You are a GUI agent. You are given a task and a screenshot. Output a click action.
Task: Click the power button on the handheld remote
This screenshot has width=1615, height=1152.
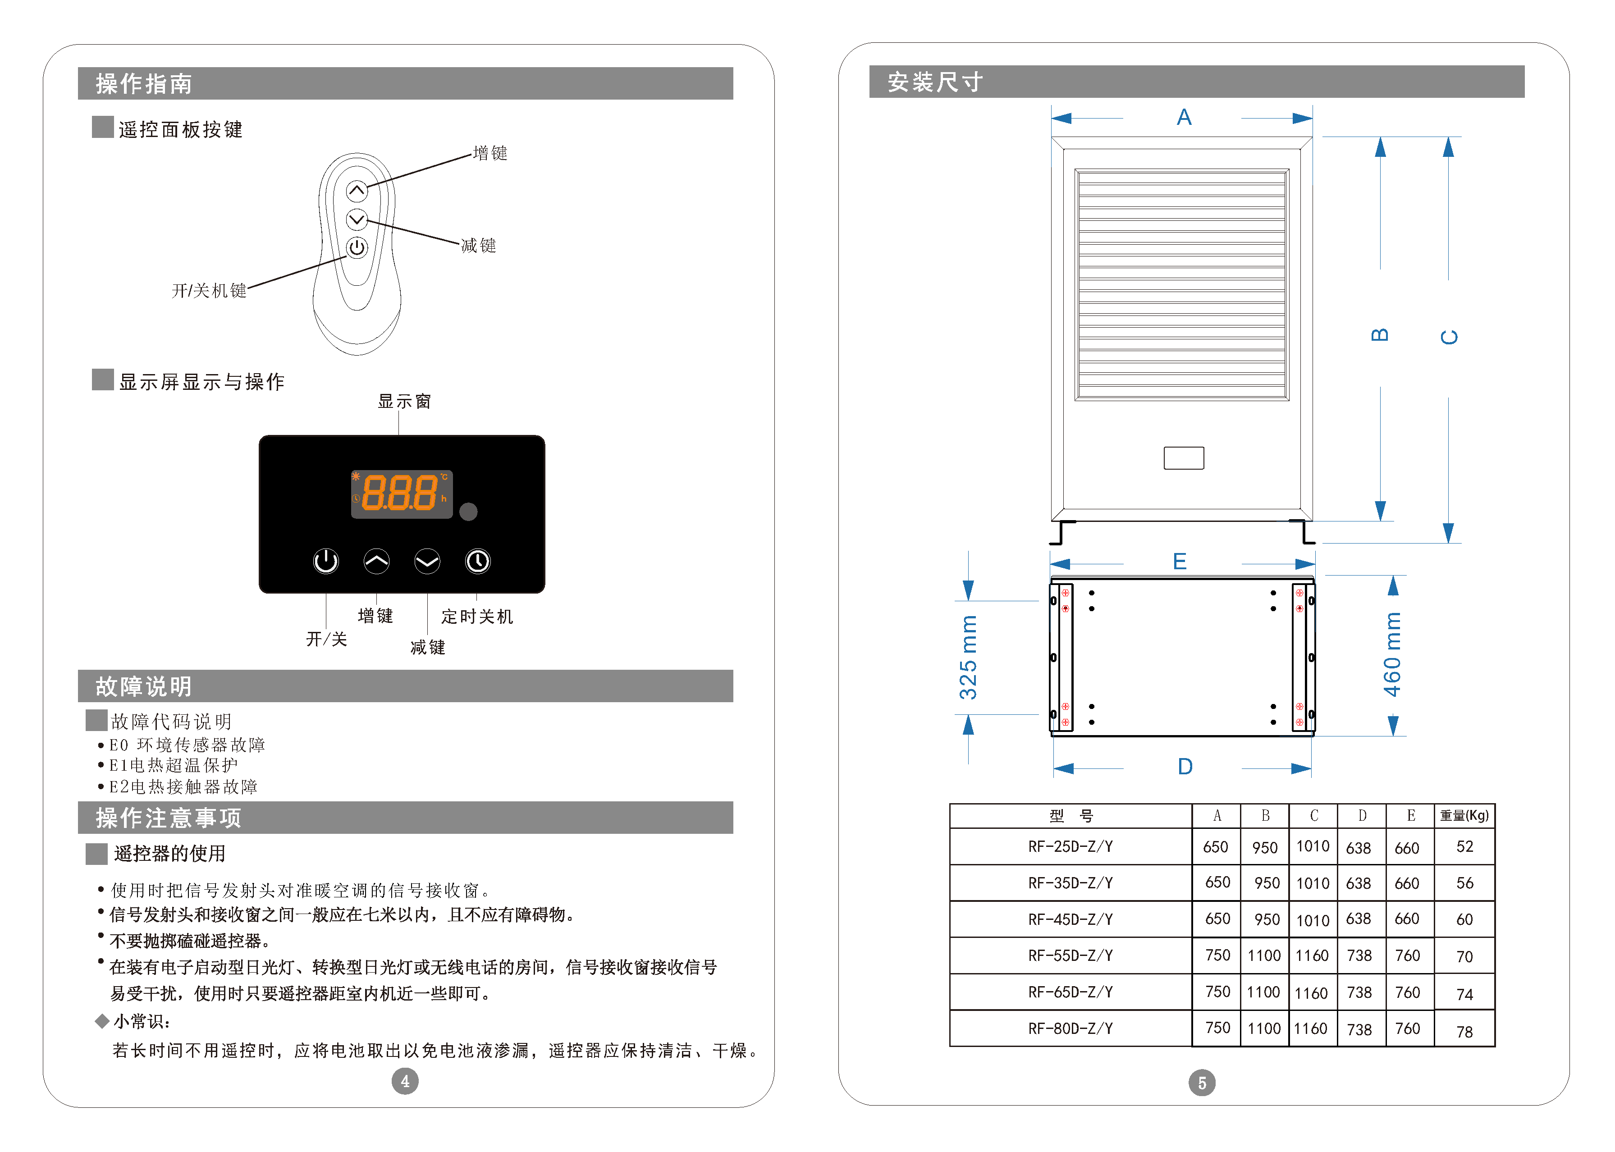(x=357, y=247)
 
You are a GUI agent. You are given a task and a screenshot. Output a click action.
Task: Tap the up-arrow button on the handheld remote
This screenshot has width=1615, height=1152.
(x=357, y=190)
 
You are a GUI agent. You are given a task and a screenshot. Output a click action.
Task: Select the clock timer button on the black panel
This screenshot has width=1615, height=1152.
(x=477, y=561)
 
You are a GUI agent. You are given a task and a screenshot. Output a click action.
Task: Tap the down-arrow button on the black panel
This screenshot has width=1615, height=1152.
(x=427, y=561)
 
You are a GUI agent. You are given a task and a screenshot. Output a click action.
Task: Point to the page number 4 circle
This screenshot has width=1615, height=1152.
(x=405, y=1081)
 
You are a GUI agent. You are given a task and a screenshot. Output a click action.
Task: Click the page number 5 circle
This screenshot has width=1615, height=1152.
(x=1202, y=1083)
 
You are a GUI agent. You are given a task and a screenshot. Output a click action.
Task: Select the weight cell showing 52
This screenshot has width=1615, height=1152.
(x=1464, y=846)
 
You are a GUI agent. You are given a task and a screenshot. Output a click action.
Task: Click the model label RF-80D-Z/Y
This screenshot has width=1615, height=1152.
(x=1071, y=1028)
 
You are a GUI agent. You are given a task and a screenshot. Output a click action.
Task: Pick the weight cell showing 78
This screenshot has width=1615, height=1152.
(x=1464, y=1031)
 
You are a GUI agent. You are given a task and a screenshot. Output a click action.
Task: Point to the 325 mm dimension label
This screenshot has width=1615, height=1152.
(x=968, y=658)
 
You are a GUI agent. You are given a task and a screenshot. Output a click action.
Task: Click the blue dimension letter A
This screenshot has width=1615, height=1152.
(x=1184, y=117)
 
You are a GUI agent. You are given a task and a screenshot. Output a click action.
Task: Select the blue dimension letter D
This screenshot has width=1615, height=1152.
(x=1185, y=766)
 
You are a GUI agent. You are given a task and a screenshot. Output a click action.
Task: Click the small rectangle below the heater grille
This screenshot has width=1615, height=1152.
(x=1183, y=457)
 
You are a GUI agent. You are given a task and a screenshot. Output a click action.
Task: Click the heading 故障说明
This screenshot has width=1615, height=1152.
(x=144, y=686)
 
